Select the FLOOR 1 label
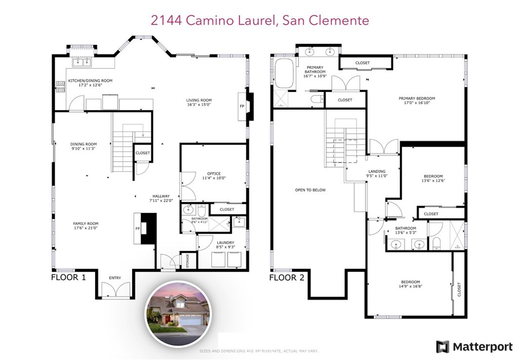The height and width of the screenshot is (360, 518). coord(68,278)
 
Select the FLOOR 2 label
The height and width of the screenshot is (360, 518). coord(286,278)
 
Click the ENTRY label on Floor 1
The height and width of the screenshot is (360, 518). coord(115,278)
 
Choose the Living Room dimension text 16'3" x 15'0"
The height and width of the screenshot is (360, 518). coord(198,106)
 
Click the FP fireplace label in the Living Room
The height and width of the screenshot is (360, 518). coord(241,107)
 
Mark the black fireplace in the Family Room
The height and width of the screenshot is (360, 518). coord(148,229)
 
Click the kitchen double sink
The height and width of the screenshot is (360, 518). coord(81,62)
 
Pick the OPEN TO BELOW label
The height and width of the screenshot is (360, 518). coord(310,190)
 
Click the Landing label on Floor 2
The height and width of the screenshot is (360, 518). coord(376,171)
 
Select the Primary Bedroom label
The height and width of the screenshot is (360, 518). coord(416,99)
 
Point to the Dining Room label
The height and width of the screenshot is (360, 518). coord(84,144)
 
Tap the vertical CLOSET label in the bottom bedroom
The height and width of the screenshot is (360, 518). coord(459,289)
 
